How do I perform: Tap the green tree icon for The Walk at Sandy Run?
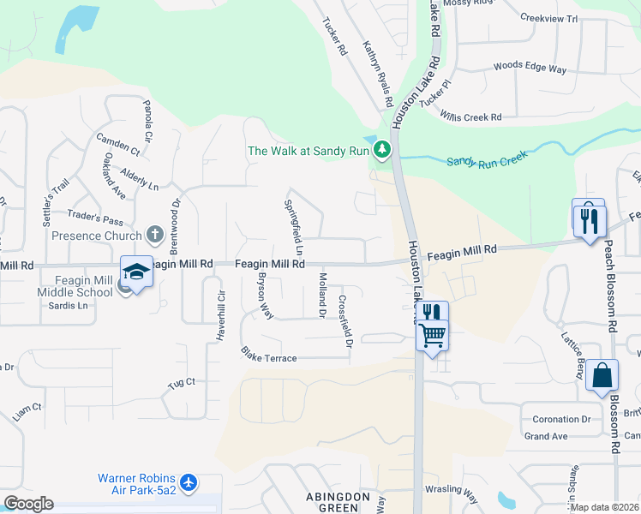tap(382, 151)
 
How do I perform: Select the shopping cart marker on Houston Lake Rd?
tap(433, 334)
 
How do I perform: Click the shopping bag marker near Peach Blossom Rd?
tap(602, 376)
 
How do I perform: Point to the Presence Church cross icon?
tap(154, 234)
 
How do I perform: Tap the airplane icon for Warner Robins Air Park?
tap(189, 483)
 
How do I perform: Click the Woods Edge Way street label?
tap(530, 67)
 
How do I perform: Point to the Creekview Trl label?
tap(549, 17)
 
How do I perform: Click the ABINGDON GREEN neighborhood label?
tap(338, 503)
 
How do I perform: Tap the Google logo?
tap(28, 504)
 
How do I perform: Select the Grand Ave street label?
tap(546, 436)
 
